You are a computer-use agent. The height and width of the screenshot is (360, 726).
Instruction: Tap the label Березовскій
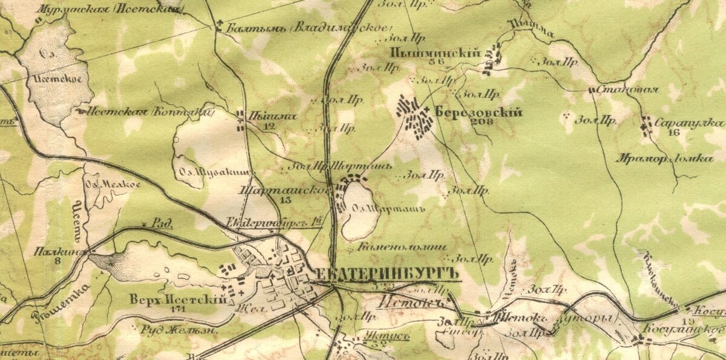[478, 111]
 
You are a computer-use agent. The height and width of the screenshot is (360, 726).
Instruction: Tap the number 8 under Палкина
[58, 261]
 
